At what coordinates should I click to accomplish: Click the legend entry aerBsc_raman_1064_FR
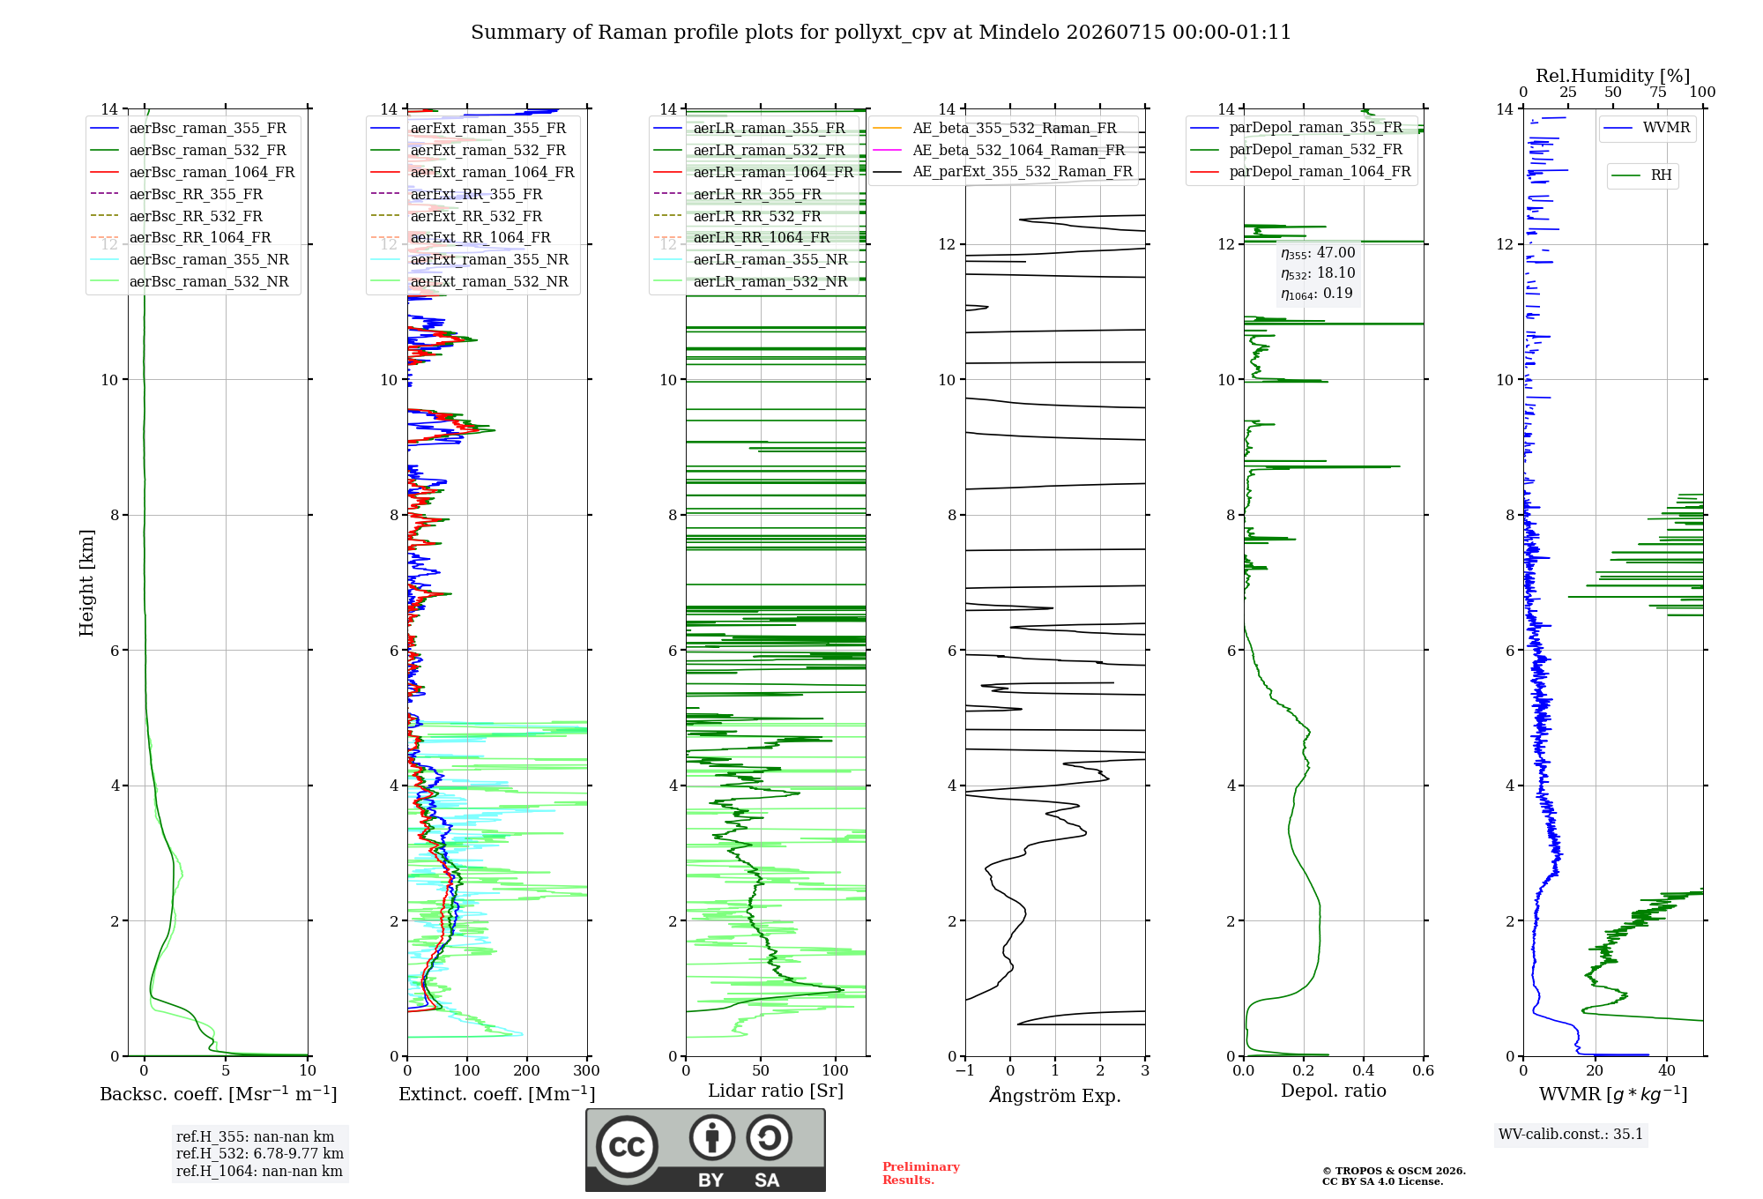click(x=192, y=173)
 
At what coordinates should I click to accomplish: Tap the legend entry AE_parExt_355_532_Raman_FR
click(x=1003, y=172)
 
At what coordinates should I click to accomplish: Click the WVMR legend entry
click(x=1648, y=128)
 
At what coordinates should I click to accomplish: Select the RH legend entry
click(x=1641, y=175)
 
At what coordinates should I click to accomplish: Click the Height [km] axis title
click(x=86, y=583)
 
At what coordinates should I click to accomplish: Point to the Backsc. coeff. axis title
click(x=219, y=1094)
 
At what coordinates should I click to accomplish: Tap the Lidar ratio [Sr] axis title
click(x=776, y=1091)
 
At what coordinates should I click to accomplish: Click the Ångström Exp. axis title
click(x=1055, y=1095)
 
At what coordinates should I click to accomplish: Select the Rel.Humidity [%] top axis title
click(x=1613, y=76)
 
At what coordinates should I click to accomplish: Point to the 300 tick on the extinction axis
click(x=587, y=1071)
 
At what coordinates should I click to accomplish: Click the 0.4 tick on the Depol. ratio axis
click(x=1364, y=1071)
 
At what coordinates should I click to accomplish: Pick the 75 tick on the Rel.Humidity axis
click(x=1658, y=93)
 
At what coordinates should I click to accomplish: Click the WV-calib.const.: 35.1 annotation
click(x=1571, y=1135)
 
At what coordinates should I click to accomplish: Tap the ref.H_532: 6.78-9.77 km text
click(x=260, y=1154)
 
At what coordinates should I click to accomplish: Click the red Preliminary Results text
click(x=921, y=1173)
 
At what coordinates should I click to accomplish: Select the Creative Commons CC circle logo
click(x=627, y=1147)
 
